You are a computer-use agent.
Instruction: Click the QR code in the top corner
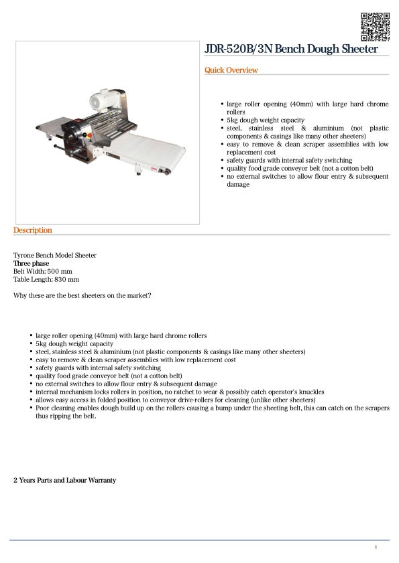click(x=375, y=26)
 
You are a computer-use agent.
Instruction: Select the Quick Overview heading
click(x=231, y=70)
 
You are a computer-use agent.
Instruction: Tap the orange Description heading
click(x=33, y=230)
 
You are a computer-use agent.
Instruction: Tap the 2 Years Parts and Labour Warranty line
click(x=65, y=481)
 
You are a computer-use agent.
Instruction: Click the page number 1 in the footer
click(x=376, y=548)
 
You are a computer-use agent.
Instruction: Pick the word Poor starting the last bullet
click(x=42, y=408)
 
